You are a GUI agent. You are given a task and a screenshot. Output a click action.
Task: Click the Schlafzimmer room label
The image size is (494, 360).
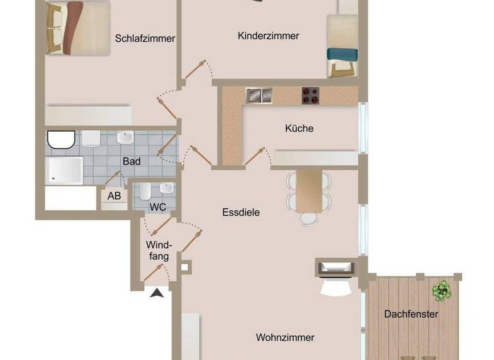145,39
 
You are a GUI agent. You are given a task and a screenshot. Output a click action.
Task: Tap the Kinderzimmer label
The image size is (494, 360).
268,36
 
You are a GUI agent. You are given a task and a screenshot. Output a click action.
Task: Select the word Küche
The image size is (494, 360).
299,129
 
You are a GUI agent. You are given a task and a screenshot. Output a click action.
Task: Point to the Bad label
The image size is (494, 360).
131,161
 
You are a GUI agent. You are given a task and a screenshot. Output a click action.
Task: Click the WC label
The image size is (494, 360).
158,207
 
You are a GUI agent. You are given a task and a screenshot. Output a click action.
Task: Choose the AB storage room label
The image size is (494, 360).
114,196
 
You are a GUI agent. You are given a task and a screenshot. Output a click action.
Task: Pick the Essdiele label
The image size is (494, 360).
241,212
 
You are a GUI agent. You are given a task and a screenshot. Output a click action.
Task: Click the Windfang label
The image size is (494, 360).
158,251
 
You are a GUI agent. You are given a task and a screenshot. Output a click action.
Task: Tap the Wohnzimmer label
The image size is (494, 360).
285,337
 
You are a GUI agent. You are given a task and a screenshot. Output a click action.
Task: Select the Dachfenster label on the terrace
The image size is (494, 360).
411,314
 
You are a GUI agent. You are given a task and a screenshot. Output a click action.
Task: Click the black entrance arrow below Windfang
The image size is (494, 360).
156,294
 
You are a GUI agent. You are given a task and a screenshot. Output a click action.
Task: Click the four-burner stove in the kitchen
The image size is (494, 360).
311,95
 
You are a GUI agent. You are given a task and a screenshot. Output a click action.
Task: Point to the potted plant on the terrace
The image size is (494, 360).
442,291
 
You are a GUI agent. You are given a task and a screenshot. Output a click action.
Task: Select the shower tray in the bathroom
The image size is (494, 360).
64,171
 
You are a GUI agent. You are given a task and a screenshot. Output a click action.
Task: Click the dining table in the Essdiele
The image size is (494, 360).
309,190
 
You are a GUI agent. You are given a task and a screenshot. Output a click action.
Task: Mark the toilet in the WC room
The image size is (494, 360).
145,191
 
